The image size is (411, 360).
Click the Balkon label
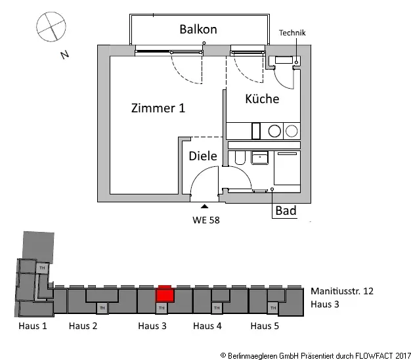(x=198, y=29)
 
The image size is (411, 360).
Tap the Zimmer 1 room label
(x=158, y=108)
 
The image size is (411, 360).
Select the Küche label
(x=262, y=99)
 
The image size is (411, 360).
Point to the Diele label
(x=203, y=156)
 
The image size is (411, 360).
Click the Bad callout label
(x=286, y=210)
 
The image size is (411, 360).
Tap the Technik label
(x=292, y=33)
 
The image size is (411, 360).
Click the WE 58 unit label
(x=206, y=220)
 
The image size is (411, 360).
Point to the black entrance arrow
(x=204, y=206)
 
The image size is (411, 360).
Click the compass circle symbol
(x=51, y=26)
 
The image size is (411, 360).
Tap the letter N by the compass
(x=64, y=55)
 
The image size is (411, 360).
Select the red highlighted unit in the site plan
(x=165, y=294)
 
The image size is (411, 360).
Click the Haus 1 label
(x=33, y=326)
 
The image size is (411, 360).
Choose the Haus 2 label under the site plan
(x=83, y=326)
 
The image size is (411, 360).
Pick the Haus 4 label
(x=207, y=326)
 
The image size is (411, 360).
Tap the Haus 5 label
(x=265, y=326)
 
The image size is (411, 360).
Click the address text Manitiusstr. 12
(x=342, y=291)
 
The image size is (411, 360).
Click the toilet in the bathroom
(x=240, y=157)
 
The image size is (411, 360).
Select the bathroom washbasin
(x=260, y=158)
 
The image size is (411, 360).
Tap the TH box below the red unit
(x=162, y=308)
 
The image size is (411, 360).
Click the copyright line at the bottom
(x=316, y=356)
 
